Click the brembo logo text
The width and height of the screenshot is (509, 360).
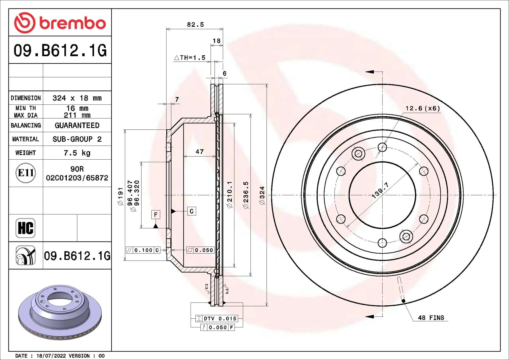click(72, 23)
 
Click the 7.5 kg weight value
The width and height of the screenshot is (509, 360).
click(77, 153)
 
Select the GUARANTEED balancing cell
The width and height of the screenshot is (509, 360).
click(77, 125)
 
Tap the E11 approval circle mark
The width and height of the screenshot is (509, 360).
click(26, 173)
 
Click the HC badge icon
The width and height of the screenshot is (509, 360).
click(25, 228)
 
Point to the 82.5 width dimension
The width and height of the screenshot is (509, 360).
click(195, 25)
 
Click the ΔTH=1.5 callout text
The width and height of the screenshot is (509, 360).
click(190, 58)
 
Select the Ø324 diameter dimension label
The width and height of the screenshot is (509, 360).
click(262, 195)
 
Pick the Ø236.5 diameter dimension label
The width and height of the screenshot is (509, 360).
click(246, 195)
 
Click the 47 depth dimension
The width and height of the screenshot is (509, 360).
click(200, 152)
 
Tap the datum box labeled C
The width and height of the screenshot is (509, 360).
click(192, 211)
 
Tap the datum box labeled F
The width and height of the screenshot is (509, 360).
click(156, 214)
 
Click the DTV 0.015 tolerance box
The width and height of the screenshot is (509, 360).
click(217, 318)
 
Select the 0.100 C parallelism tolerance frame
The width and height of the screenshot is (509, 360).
click(143, 250)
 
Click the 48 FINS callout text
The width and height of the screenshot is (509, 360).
click(431, 318)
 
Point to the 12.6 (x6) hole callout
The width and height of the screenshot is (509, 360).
click(423, 108)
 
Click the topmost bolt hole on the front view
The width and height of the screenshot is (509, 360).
click(382, 147)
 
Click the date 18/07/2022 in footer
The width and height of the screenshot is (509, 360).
click(51, 356)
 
